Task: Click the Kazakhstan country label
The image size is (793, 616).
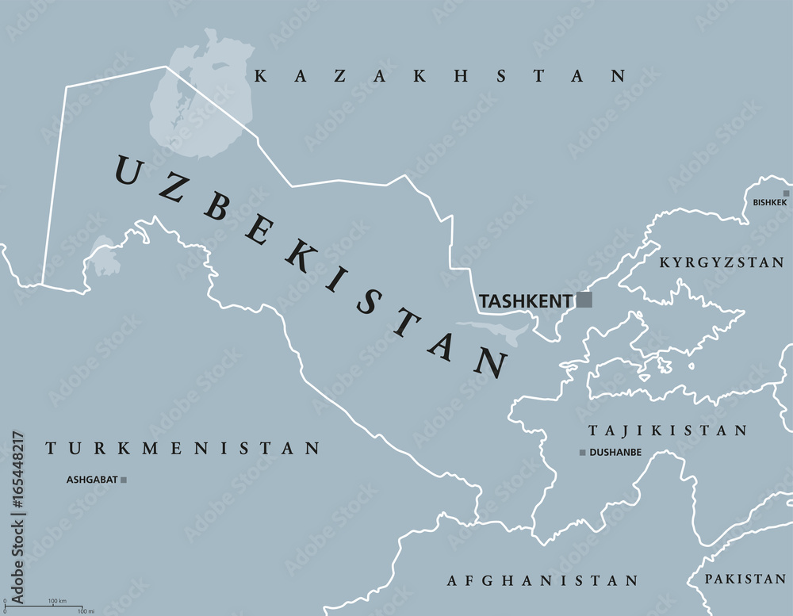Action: click(439, 76)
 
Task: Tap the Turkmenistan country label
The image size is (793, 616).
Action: click(182, 449)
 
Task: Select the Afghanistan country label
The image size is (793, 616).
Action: click(542, 581)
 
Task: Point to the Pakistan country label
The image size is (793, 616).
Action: click(745, 580)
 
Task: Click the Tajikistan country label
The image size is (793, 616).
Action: click(667, 430)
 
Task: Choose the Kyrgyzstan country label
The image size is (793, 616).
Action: click(722, 262)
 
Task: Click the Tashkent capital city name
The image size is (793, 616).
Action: click(526, 301)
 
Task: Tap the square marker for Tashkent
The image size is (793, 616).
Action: click(584, 300)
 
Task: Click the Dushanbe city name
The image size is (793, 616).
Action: click(615, 453)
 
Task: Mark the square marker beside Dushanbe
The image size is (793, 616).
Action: click(582, 453)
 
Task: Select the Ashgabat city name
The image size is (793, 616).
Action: click(91, 480)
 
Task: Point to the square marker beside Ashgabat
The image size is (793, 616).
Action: click(123, 480)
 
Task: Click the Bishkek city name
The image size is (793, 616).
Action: click(770, 203)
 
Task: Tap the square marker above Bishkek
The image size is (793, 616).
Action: click(786, 193)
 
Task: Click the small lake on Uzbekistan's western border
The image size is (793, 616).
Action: click(103, 258)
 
